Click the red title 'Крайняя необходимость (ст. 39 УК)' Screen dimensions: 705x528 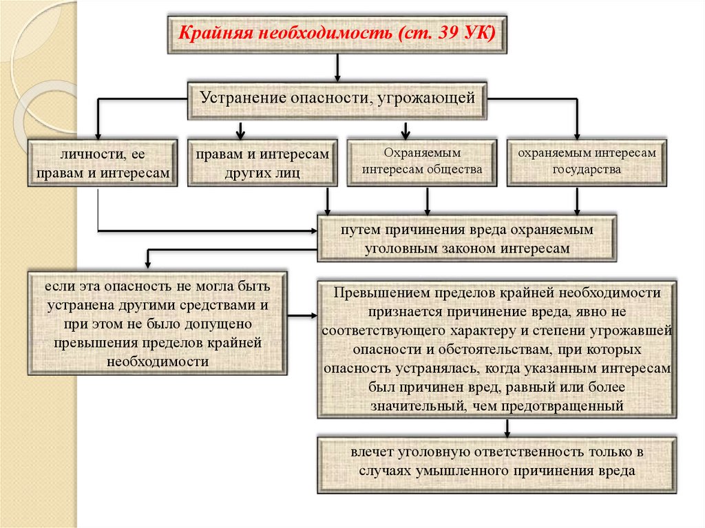(337, 34)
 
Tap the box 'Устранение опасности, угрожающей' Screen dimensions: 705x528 (337, 101)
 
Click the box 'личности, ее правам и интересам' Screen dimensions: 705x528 (103, 163)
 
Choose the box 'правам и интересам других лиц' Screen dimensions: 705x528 (262, 163)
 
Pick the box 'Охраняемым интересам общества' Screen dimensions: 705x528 (422, 163)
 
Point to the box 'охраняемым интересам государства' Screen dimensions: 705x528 (587, 163)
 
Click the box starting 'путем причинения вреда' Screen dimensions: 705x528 (467, 238)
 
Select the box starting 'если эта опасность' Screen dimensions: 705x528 (158, 322)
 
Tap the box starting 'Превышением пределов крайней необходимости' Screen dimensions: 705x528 (497, 350)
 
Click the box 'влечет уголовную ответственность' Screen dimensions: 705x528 (497, 465)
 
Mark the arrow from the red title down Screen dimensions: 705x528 (337, 68)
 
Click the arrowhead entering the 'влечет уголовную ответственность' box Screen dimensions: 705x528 (507, 434)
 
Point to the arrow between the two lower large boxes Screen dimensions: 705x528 (302, 316)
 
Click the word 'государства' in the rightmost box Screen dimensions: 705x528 (587, 169)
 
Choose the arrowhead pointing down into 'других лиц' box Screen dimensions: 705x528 (240, 135)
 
